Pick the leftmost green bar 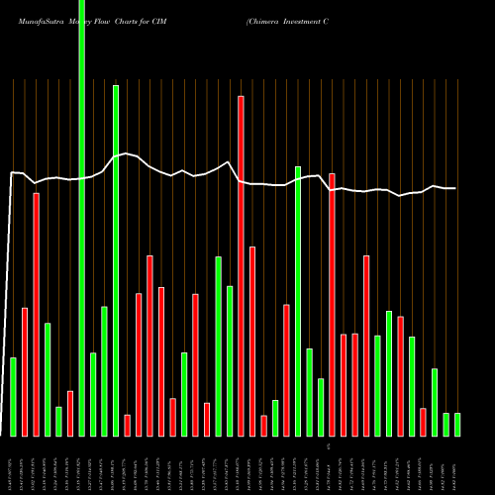14,396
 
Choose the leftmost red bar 25,371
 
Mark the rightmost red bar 423,422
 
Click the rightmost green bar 457,424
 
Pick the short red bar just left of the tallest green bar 70,413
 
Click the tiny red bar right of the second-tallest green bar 127,425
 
